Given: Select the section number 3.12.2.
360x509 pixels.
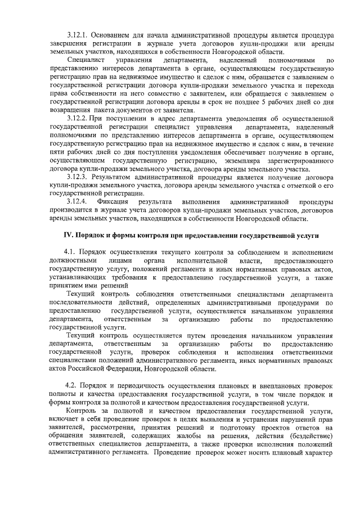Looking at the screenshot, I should coord(77,120).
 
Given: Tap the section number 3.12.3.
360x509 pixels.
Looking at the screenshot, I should coord(77,177).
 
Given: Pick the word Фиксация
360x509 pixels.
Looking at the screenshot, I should coord(113,201).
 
